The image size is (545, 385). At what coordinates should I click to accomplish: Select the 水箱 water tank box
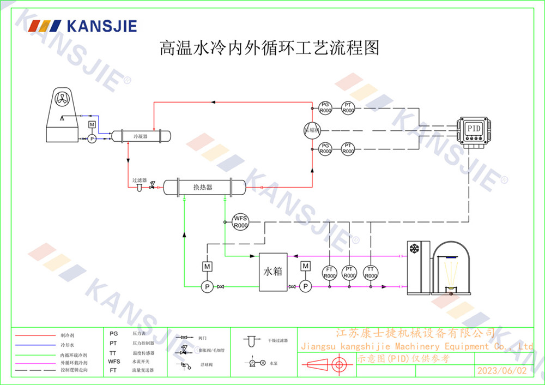pos(273,272)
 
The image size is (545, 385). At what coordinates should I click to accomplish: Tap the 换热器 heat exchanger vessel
pos(203,187)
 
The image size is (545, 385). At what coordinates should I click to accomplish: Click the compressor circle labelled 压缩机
pos(312,129)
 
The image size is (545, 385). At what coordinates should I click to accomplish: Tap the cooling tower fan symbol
pos(62,99)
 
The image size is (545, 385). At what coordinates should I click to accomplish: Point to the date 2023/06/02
pos(502,370)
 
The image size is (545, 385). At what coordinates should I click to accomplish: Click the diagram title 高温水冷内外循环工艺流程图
pos(269,49)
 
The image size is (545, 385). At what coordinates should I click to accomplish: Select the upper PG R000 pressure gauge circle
pos(325,107)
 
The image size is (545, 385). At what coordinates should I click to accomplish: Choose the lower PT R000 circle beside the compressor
pos(348,148)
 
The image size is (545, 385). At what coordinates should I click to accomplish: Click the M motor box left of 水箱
pos(207,266)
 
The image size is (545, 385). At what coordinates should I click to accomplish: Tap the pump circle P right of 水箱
pos(305,286)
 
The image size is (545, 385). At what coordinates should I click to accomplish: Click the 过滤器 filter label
pos(139,180)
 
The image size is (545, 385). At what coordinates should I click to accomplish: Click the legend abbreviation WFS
pos(114,361)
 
